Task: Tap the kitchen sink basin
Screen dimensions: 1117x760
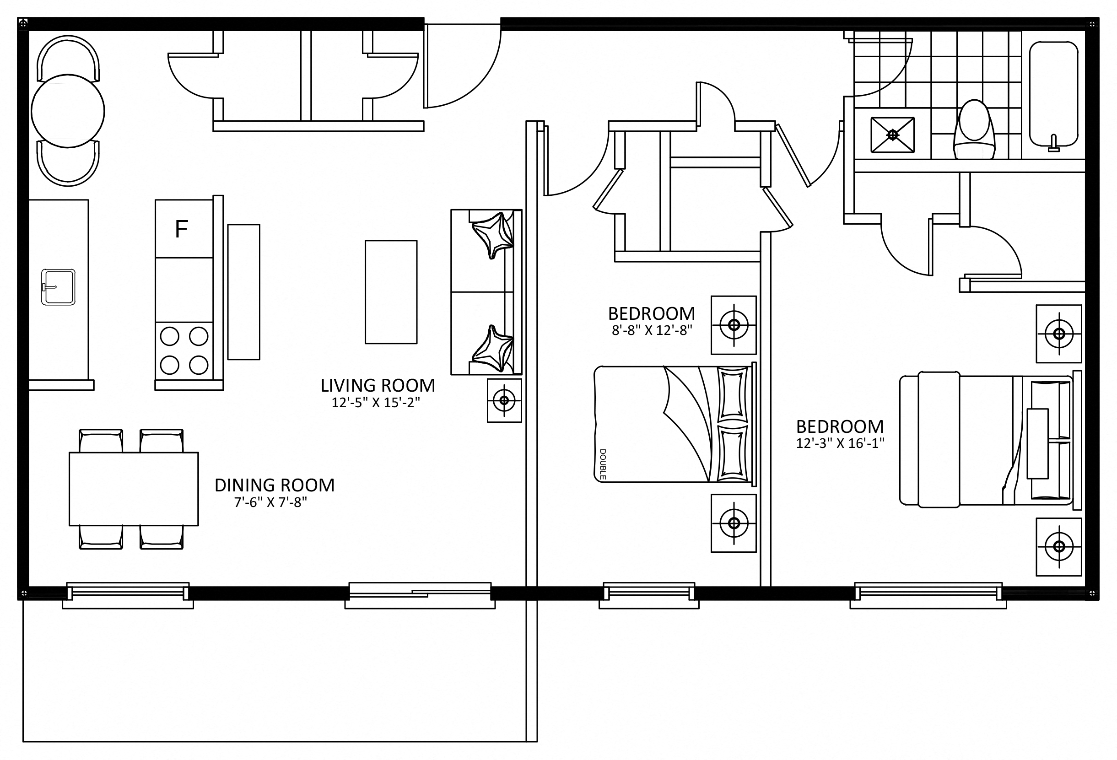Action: [x=58, y=287]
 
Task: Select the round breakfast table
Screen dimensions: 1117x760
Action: [x=68, y=111]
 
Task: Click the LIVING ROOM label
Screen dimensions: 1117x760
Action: [x=378, y=386]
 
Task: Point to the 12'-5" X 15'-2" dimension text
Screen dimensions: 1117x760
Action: [x=376, y=403]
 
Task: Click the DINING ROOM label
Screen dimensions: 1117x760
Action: [x=275, y=485]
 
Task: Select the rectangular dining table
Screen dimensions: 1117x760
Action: [x=134, y=489]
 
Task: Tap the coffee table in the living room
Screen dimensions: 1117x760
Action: [x=391, y=292]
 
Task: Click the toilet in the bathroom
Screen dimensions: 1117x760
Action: [x=974, y=130]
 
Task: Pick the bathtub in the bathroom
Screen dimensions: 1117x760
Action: [x=1053, y=94]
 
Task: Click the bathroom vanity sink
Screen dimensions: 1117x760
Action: [x=892, y=135]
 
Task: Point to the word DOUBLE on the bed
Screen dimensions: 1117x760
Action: [x=603, y=464]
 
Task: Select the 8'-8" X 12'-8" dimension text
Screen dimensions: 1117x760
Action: [x=652, y=331]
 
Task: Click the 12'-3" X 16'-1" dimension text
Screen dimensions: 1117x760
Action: [x=840, y=443]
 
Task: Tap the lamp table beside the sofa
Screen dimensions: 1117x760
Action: [x=504, y=400]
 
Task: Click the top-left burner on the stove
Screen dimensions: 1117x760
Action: [x=169, y=336]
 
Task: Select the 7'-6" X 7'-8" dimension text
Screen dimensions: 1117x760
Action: [x=270, y=502]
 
